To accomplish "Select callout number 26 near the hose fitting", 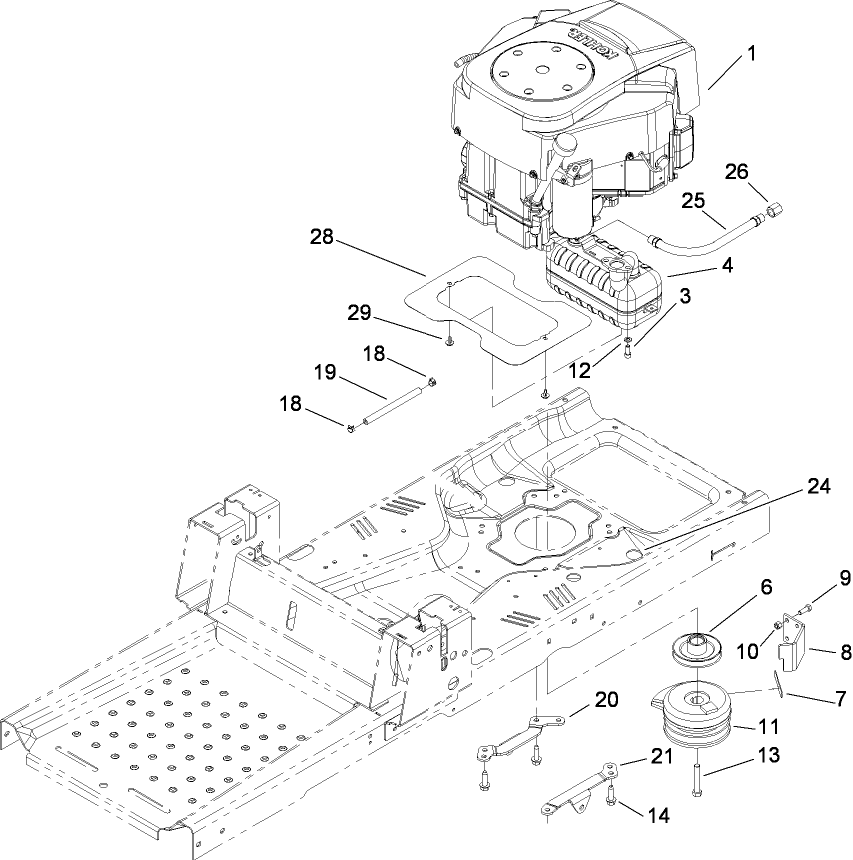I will click(736, 171).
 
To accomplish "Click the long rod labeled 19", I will click(390, 406).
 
